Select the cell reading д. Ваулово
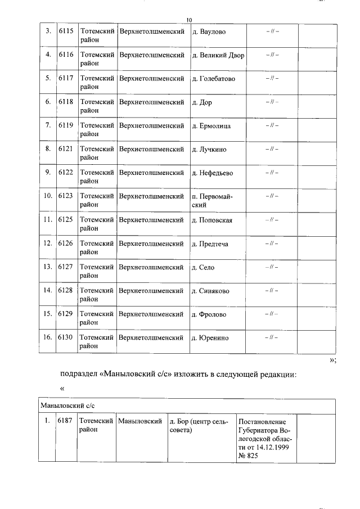[x=209, y=31]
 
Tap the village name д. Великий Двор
[x=218, y=55]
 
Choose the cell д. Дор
[x=202, y=102]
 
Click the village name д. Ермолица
[x=211, y=126]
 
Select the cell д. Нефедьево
[x=212, y=173]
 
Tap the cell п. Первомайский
[x=212, y=201]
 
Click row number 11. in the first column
[x=48, y=220]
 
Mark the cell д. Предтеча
[x=210, y=244]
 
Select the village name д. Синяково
[x=210, y=291]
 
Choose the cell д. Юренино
[x=210, y=338]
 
